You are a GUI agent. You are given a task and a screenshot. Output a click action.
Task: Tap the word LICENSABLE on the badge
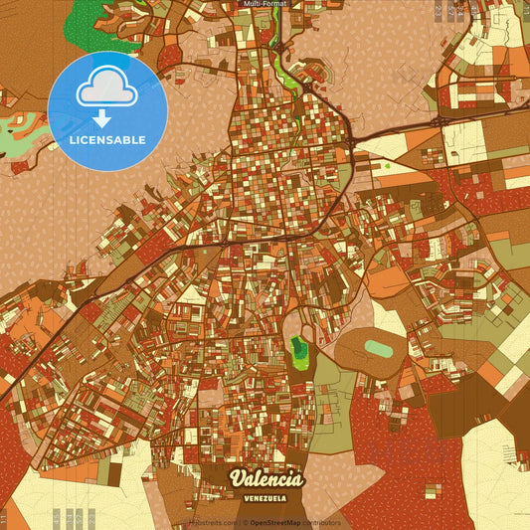(x=106, y=139)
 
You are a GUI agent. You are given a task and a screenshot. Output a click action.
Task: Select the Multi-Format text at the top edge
(x=264, y=4)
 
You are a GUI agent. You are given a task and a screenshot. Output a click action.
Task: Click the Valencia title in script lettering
(x=266, y=479)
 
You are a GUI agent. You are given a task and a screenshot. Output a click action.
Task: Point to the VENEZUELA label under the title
(x=266, y=497)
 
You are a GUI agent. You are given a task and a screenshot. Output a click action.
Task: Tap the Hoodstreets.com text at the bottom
(x=212, y=523)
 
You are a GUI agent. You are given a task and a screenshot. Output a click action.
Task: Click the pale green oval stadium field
(x=379, y=348)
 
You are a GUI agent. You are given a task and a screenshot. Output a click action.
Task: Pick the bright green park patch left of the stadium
(x=298, y=348)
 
